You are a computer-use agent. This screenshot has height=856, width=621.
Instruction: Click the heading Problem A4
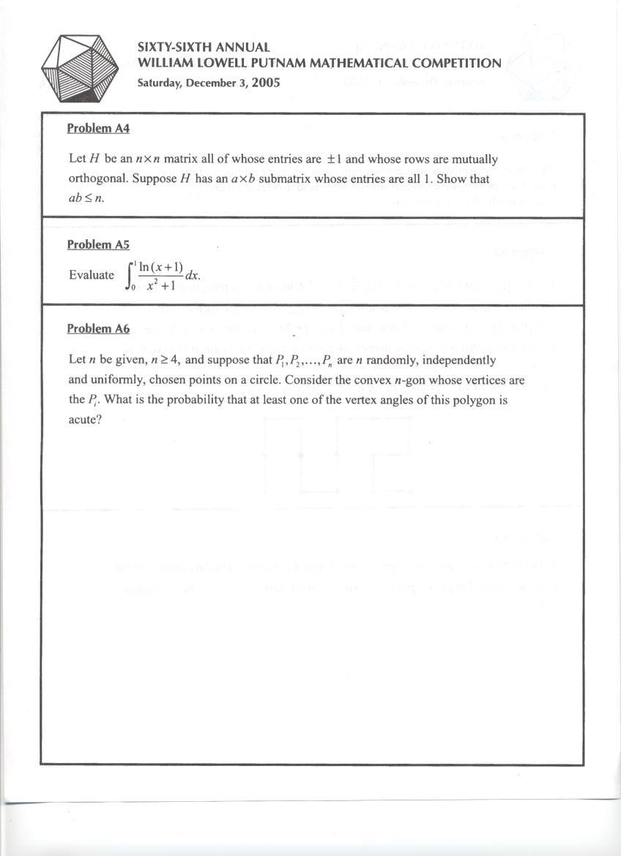tap(98, 129)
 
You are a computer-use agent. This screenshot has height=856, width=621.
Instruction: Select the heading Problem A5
tap(98, 245)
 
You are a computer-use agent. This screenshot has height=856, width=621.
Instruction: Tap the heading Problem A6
tap(98, 328)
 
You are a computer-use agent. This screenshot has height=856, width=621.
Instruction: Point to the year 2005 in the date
tap(265, 82)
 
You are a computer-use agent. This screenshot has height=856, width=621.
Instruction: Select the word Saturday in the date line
tap(159, 83)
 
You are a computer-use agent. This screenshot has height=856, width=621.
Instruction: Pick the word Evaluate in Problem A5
tap(92, 275)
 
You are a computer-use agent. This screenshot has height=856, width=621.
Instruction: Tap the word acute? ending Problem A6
tap(83, 421)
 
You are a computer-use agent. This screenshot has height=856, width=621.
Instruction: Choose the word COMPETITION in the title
tap(457, 63)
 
